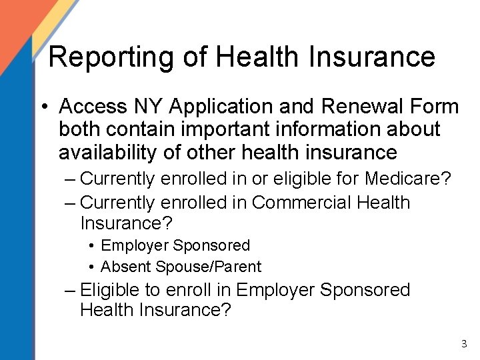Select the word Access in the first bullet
pos(91,106)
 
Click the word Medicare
pos(405,179)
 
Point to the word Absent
pos(126,267)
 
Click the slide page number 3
pos(464,344)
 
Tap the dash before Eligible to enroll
pos(70,291)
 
